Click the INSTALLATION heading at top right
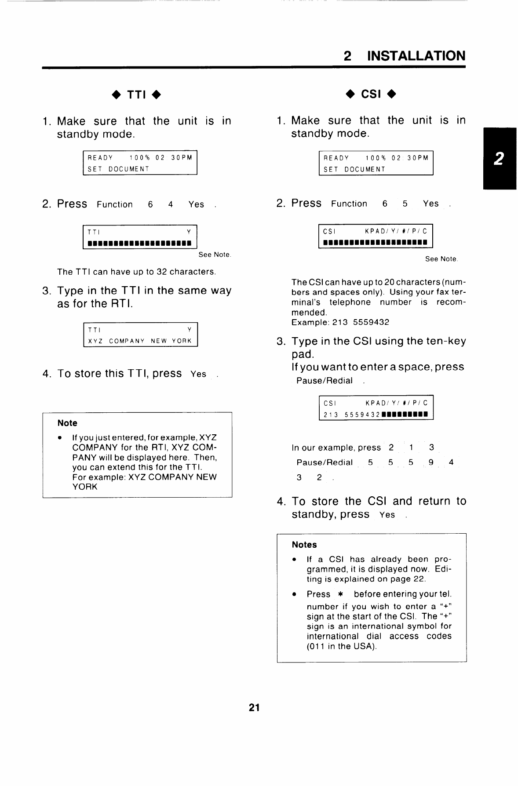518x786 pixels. click(x=416, y=56)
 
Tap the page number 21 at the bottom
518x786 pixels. click(x=254, y=707)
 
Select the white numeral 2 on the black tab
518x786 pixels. click(x=498, y=159)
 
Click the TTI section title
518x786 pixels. click(x=137, y=95)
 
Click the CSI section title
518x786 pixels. click(x=371, y=94)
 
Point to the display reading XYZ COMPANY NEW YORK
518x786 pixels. click(x=140, y=341)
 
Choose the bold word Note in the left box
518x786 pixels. click(x=67, y=423)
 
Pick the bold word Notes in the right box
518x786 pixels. click(x=304, y=544)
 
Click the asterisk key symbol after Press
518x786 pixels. click(x=340, y=594)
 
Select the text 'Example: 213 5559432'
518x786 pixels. click(x=340, y=322)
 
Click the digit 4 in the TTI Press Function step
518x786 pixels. click(x=171, y=204)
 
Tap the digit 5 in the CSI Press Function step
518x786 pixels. click(x=405, y=204)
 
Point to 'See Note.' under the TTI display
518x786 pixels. click(x=215, y=255)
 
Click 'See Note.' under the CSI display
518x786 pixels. click(x=441, y=259)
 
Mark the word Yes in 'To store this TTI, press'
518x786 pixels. click(x=198, y=374)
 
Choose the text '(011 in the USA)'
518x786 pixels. click(x=342, y=646)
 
